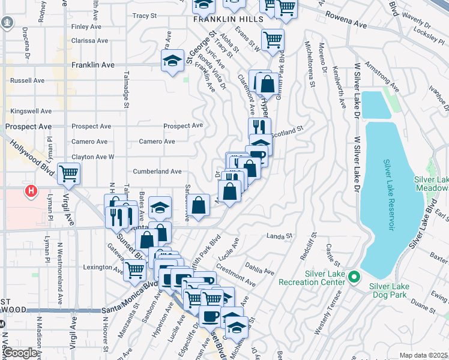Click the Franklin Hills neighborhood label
coord(228,20)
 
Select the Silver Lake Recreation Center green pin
coord(354,277)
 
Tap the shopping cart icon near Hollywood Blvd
coord(69,173)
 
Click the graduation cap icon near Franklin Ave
coord(172,61)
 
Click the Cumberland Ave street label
coord(157,172)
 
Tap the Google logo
coord(20,353)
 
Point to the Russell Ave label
coord(28,80)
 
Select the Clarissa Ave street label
coord(89,41)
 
